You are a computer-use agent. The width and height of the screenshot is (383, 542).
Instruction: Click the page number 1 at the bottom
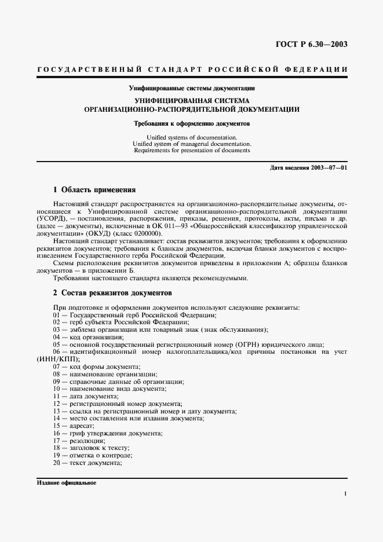point(345,493)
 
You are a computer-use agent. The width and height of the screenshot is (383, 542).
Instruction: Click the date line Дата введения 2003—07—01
point(309,167)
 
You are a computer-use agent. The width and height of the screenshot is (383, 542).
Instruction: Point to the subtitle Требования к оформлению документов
point(191,123)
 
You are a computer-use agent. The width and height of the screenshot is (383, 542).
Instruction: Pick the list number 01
point(57,314)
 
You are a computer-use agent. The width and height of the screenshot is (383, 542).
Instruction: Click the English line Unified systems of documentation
point(191,137)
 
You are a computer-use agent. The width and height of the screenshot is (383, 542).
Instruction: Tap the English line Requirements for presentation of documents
point(191,150)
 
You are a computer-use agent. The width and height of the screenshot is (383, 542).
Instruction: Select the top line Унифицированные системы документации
point(191,89)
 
